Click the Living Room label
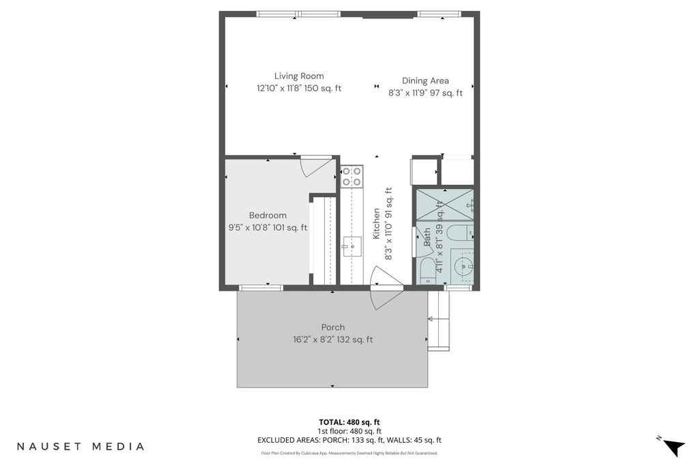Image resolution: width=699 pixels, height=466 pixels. pos(299,76)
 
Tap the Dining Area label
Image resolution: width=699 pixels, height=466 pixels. pos(425,81)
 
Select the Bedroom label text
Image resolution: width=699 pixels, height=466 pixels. pos(268,215)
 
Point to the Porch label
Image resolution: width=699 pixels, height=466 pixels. pos(333,327)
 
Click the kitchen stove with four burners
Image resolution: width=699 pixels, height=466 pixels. pos(352,176)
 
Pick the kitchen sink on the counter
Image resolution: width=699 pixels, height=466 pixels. pos(352,246)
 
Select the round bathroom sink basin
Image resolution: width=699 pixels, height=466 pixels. pos(464,267)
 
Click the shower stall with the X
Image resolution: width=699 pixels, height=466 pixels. pos(444,205)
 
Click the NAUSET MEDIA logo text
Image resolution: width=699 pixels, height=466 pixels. pos(81,446)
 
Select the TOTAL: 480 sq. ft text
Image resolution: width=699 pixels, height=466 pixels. pos(349,422)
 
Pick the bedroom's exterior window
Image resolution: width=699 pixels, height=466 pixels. pos(261,287)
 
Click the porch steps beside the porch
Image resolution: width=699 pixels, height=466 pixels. pos(439,321)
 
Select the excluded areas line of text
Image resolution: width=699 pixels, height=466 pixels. pos(349,440)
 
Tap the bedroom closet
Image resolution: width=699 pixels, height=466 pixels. pos(323,241)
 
